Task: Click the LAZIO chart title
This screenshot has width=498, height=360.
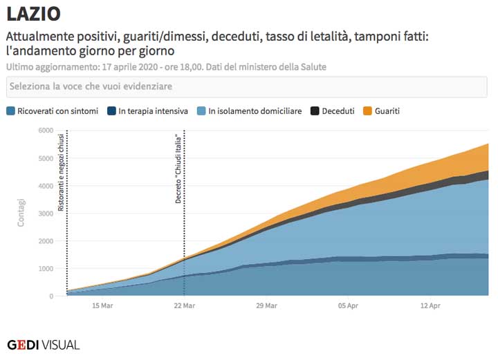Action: click(33, 13)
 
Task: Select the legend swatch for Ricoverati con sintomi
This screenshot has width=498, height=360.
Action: click(11, 111)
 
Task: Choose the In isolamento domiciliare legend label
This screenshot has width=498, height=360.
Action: click(255, 111)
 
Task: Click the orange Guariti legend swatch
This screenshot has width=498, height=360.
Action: click(368, 111)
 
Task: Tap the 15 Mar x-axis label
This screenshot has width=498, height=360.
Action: click(102, 305)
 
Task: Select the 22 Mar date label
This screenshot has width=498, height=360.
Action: click(184, 305)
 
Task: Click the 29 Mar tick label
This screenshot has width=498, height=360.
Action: click(266, 305)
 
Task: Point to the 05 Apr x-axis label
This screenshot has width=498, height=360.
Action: click(348, 305)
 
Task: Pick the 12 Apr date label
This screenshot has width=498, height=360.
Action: click(430, 305)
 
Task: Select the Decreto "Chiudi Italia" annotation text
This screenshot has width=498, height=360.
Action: click(178, 169)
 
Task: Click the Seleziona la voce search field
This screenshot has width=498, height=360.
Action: click(248, 87)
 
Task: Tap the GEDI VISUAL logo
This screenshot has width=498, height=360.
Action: click(43, 344)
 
